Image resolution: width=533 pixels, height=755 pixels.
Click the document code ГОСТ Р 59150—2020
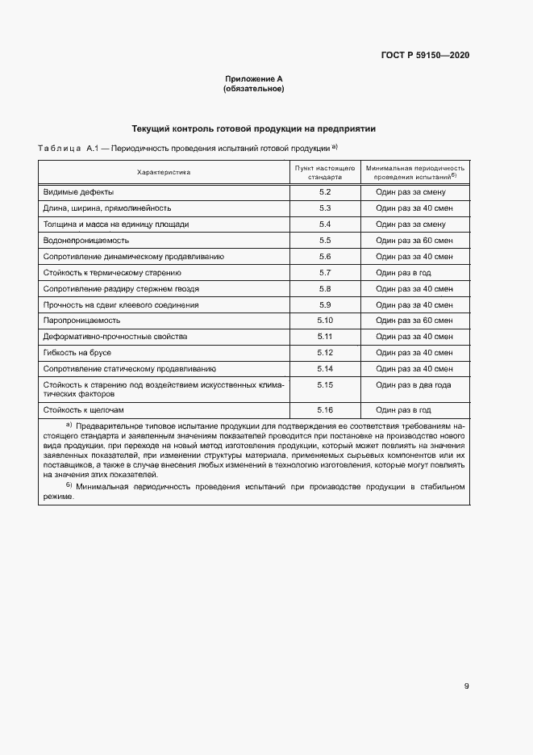(x=425, y=55)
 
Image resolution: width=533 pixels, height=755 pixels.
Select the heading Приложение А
(x=253, y=78)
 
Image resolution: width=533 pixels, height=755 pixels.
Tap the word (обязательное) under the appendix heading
(x=253, y=88)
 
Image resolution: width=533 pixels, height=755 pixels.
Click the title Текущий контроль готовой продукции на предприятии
(x=253, y=128)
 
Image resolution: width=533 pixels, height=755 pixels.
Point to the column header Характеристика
(x=164, y=172)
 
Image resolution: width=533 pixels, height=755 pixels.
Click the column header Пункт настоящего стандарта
(x=325, y=172)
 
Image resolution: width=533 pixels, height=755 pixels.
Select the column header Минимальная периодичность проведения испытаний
(x=415, y=172)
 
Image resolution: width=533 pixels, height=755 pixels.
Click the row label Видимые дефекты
(x=78, y=192)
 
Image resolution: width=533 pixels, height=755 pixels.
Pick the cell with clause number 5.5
(x=325, y=240)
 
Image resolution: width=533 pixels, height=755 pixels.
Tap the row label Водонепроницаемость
(x=86, y=240)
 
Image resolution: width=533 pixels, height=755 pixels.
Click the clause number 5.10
(x=325, y=321)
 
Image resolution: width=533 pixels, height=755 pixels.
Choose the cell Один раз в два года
(x=413, y=385)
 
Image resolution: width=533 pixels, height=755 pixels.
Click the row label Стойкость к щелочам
(x=84, y=410)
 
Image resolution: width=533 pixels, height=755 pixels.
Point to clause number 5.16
(x=325, y=410)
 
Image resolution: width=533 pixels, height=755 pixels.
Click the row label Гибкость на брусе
(x=77, y=353)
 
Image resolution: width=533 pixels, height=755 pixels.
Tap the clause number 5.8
(x=325, y=288)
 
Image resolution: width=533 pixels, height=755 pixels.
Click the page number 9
(x=466, y=686)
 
